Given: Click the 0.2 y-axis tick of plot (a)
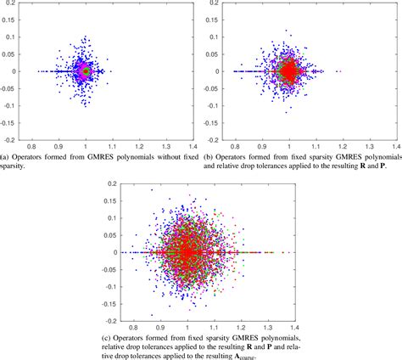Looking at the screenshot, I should pyautogui.click(x=14, y=5).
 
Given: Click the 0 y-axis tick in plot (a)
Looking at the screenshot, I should pyautogui.click(x=17, y=71).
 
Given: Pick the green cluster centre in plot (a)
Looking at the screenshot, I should pyautogui.click(x=85, y=72).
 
